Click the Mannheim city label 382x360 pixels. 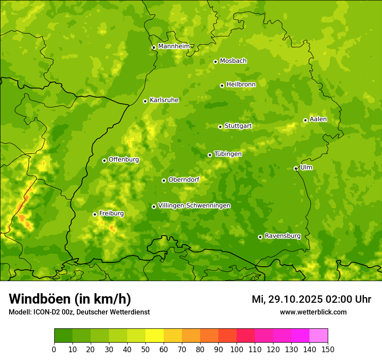click(174, 46)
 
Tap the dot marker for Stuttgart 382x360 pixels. click(220, 127)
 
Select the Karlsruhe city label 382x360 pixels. click(164, 100)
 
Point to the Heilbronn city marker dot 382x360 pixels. click(222, 85)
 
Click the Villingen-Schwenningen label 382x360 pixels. click(194, 206)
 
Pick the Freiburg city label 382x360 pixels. click(111, 213)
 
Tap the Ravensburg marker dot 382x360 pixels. click(260, 237)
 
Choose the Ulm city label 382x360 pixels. click(306, 167)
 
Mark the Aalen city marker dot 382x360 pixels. click(305, 120)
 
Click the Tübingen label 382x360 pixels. click(228, 154)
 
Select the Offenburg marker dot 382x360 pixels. click(104, 160)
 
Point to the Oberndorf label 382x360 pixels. click(184, 180)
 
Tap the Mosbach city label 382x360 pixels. click(233, 61)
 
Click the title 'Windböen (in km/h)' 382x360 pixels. click(70, 299)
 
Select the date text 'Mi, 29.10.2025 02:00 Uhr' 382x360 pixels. click(311, 299)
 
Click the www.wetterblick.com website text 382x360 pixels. click(313, 312)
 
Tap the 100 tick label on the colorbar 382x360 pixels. click(237, 349)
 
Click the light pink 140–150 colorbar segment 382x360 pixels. click(319, 336)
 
